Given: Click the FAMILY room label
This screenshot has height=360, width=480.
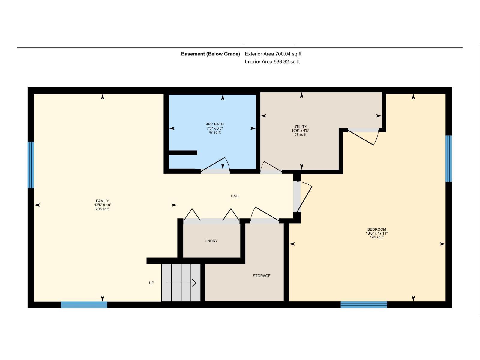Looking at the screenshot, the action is click(102, 201).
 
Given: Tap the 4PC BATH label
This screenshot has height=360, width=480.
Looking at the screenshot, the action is click(215, 124).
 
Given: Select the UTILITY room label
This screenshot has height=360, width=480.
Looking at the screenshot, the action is click(300, 127).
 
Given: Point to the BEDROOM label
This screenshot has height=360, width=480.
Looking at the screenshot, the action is click(377, 229).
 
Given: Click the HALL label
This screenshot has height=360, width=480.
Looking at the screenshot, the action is click(235, 196).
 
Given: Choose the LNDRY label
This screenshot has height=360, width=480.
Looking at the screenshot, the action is click(211, 241).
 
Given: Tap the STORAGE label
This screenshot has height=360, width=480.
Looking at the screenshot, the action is click(262, 276).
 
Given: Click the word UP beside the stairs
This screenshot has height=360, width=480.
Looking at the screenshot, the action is click(151, 283).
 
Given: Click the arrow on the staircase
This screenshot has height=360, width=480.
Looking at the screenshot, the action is click(181, 283).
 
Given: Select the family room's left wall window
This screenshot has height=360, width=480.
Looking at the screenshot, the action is click(31, 165).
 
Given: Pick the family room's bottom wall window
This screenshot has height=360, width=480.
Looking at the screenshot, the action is click(84, 305).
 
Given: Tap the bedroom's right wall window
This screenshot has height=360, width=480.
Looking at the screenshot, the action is click(449, 158).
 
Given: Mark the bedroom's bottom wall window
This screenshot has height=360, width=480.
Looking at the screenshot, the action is click(364, 305).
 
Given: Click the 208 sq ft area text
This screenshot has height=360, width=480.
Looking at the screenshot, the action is click(103, 209).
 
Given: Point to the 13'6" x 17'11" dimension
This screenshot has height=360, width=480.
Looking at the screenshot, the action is click(377, 233).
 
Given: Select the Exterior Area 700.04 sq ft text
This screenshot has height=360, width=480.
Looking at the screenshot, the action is click(273, 54).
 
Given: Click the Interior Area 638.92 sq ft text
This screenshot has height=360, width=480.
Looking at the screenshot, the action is click(272, 62).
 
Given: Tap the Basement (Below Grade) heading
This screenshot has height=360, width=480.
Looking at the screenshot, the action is click(210, 54).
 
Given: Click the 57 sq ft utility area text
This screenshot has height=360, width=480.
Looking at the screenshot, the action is click(300, 135).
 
